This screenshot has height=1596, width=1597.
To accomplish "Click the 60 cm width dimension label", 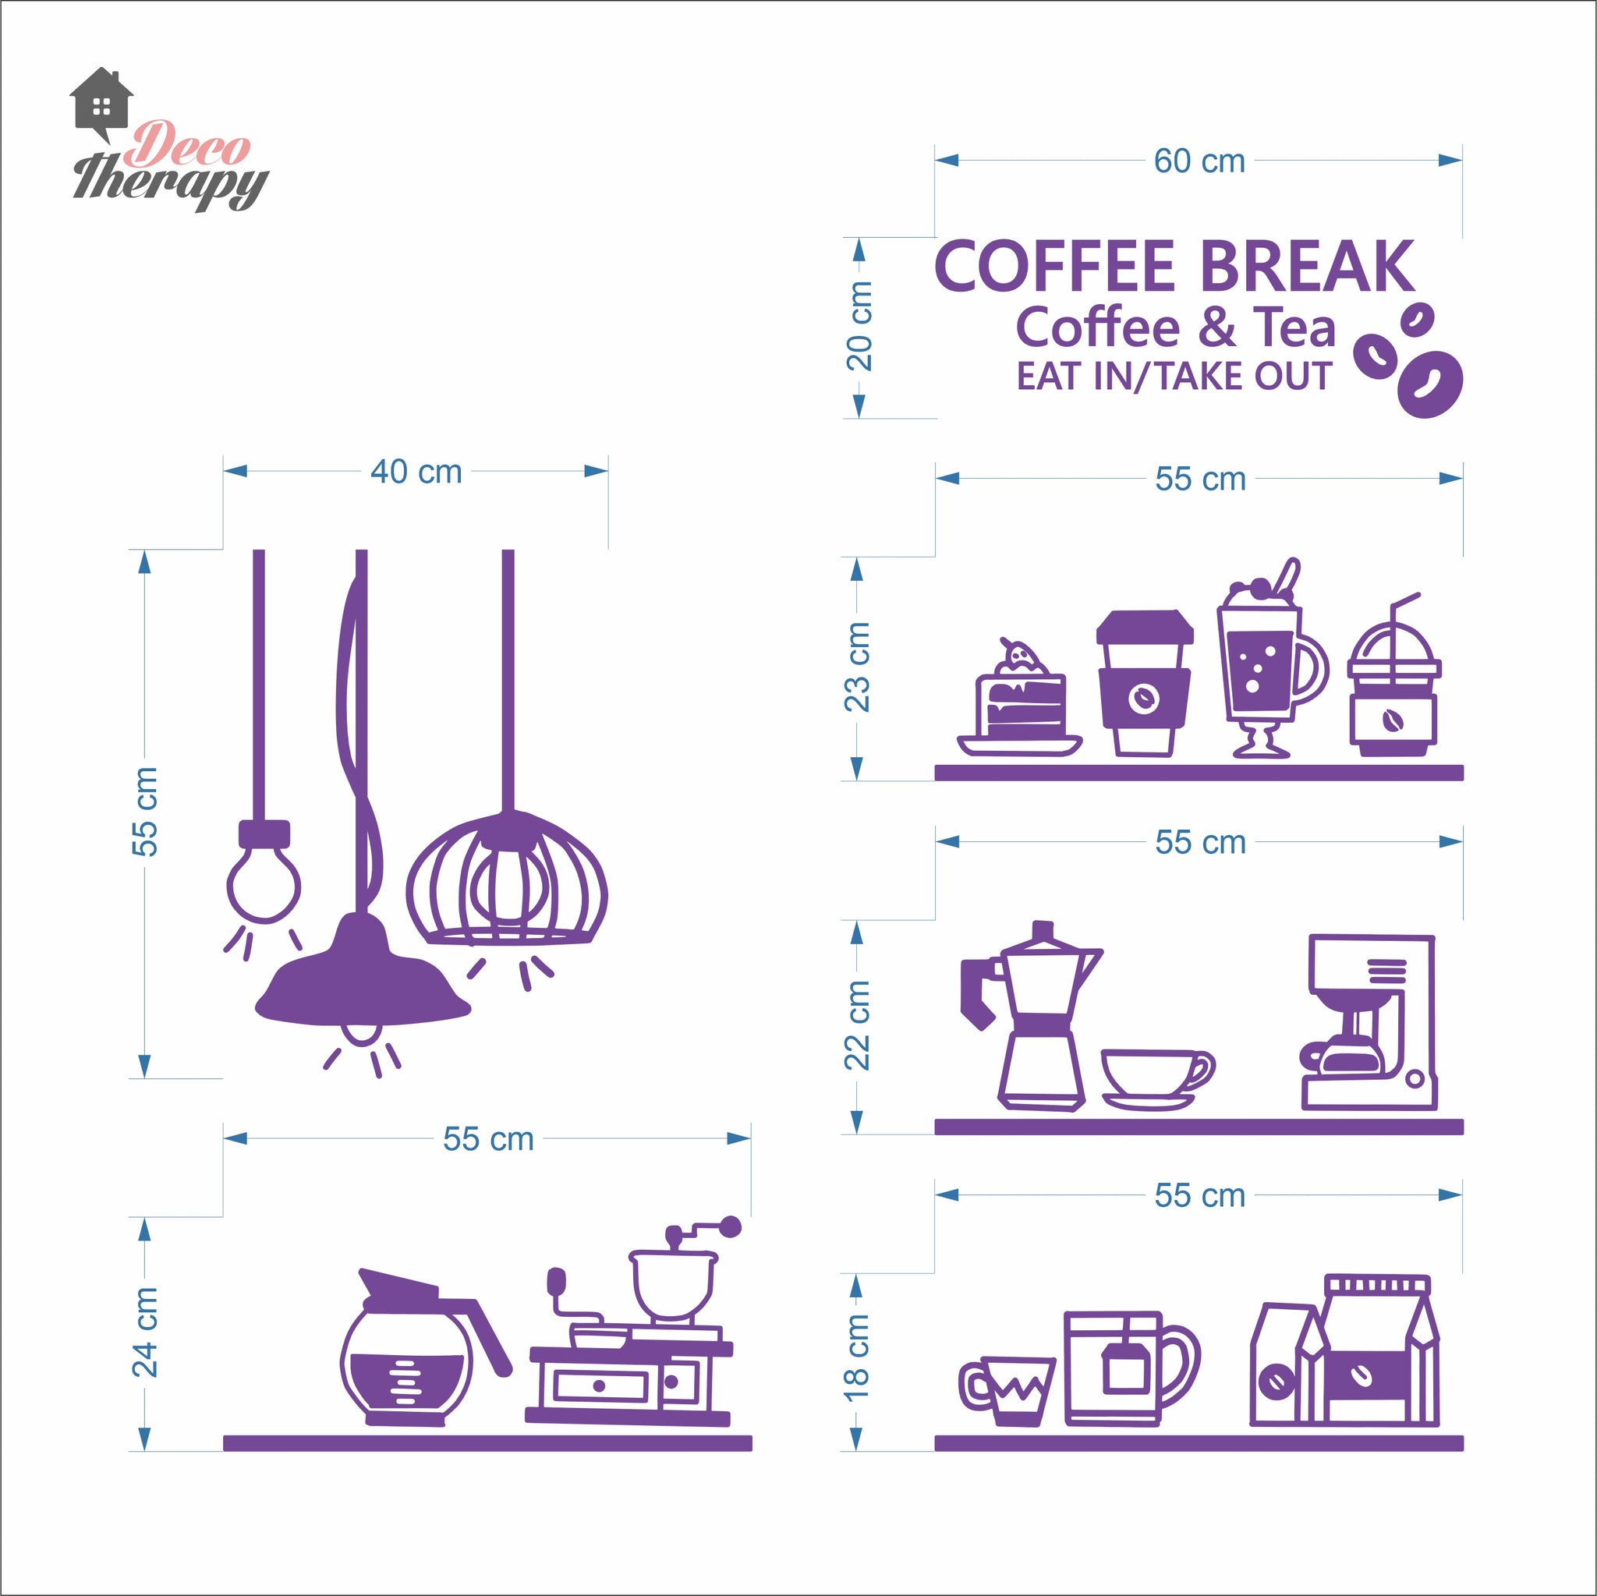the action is [1199, 161].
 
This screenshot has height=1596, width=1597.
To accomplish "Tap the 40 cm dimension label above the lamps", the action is [416, 472].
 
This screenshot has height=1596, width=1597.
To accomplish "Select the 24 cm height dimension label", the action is [145, 1332].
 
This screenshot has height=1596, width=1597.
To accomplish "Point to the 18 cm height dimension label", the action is [856, 1357].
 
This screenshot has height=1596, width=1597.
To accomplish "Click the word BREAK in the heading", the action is [1307, 266].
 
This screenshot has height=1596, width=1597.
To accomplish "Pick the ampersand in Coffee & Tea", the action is [1216, 327].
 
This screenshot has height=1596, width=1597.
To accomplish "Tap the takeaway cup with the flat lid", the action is [1145, 683].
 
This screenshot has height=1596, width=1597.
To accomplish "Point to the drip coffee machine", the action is [1369, 1022].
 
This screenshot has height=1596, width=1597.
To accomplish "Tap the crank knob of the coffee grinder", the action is [730, 1226].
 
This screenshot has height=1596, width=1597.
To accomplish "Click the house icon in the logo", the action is [101, 105].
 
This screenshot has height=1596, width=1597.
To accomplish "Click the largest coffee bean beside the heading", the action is [1430, 384].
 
